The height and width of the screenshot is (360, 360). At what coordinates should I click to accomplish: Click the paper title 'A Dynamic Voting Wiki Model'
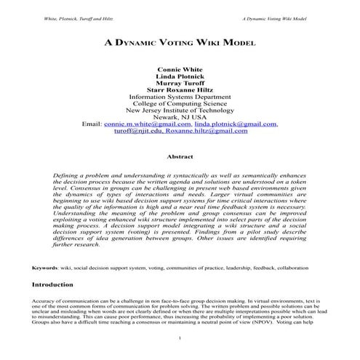(x=180, y=43)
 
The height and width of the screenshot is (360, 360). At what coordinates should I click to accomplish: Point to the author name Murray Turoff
(x=180, y=89)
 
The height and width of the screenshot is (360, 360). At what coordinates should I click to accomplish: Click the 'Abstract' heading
(x=180, y=156)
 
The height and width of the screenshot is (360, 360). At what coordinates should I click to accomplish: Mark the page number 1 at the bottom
(x=180, y=339)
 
